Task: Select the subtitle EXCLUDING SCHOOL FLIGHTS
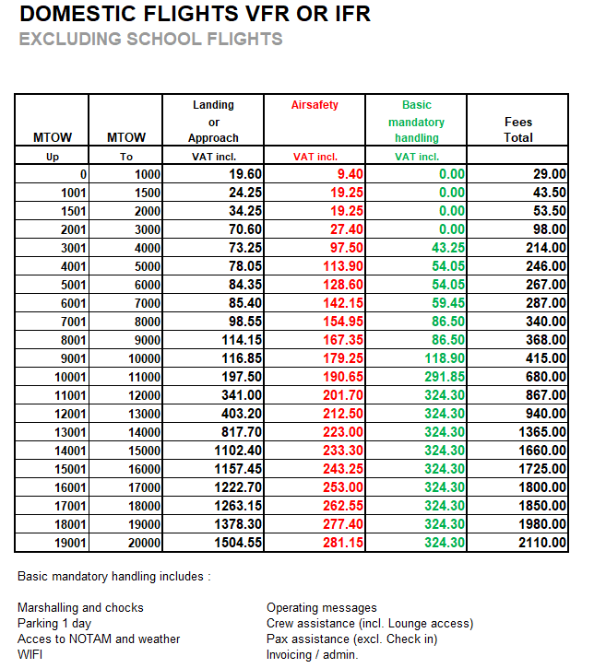(150, 40)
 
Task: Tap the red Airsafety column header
(315, 105)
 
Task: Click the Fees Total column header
(518, 129)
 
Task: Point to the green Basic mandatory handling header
(416, 122)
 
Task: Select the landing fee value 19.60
(244, 174)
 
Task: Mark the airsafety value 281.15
(341, 543)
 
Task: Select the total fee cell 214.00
(545, 248)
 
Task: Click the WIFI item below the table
(30, 655)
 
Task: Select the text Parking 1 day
(52, 624)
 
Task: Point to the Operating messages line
(321, 608)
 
